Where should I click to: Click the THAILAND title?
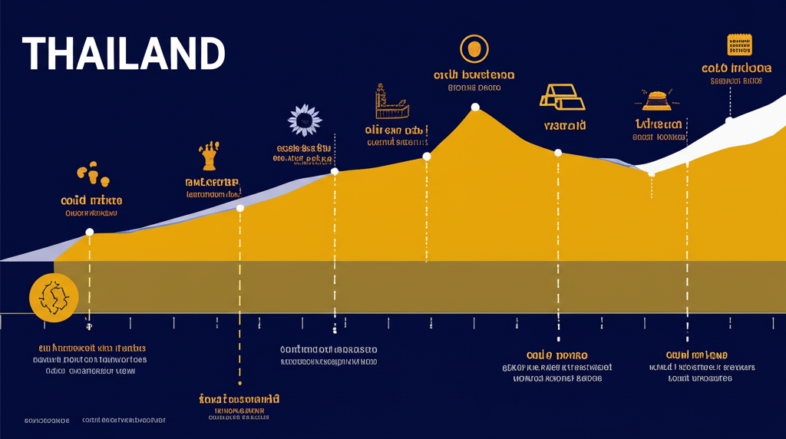pos(124,54)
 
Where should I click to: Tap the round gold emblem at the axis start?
pos(54,296)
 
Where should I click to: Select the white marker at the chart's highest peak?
pos(475,107)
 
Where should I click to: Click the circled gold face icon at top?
pos(474,49)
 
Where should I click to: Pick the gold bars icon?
pos(563,97)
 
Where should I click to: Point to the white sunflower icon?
pos(304,120)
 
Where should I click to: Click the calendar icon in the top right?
pos(738,45)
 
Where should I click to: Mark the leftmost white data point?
pos(90,232)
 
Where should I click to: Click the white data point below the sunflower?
pos(335,171)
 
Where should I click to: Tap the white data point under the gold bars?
pos(558,153)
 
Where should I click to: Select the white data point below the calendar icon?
pos(729,120)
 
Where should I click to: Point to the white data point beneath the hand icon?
pos(240,208)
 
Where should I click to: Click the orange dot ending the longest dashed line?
pos(240,383)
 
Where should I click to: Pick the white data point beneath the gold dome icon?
pos(652,173)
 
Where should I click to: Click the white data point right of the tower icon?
pos(427,156)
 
